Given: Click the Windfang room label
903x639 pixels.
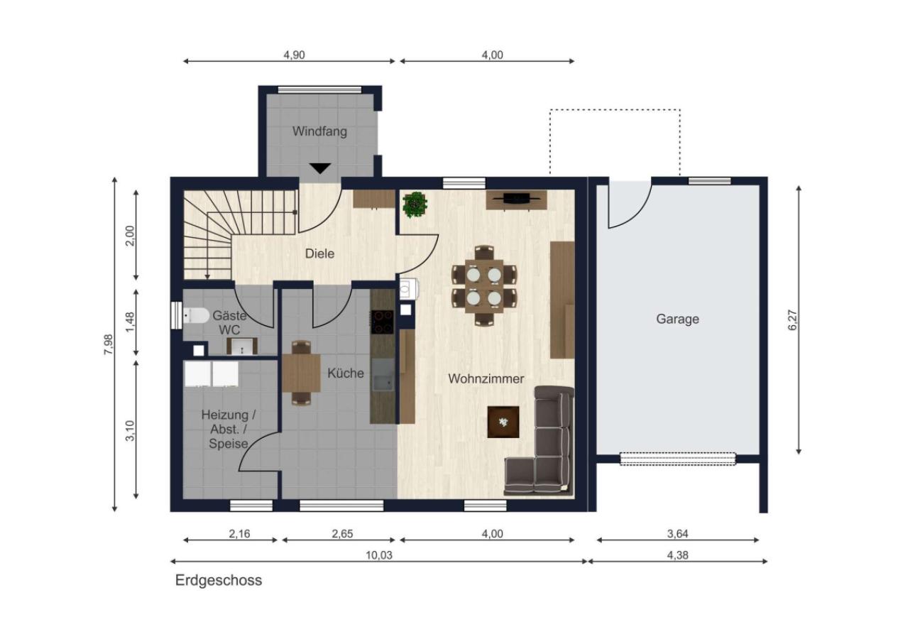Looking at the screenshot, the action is [x=319, y=131].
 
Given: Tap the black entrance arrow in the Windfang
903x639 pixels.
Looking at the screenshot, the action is [x=320, y=168].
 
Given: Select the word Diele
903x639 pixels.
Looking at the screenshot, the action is [x=319, y=253].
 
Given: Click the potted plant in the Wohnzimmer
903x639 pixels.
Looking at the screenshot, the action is [x=415, y=204].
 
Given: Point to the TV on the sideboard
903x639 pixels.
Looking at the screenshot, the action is [x=516, y=197].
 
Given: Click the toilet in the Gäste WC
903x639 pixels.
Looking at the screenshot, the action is [x=197, y=315].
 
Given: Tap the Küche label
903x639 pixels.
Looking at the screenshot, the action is [x=346, y=373].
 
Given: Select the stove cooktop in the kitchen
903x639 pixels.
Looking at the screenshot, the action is [x=382, y=322].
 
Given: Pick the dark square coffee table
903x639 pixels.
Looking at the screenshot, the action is [x=503, y=422].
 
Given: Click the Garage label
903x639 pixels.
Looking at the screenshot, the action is [x=677, y=319].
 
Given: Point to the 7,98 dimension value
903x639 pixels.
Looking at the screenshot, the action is [x=109, y=344].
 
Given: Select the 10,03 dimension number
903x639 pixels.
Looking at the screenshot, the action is [x=378, y=555].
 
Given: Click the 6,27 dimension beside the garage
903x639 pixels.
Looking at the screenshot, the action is [x=792, y=319].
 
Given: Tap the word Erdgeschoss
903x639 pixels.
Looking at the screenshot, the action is [x=219, y=580].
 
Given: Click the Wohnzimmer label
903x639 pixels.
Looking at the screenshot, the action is [x=486, y=378].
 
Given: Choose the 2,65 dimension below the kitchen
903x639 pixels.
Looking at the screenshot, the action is [x=342, y=534].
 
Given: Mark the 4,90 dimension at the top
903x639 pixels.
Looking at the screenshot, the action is [x=294, y=55].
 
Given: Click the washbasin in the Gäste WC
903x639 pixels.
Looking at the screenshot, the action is [x=242, y=346].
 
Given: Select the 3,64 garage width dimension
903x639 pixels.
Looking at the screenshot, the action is [x=677, y=534].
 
